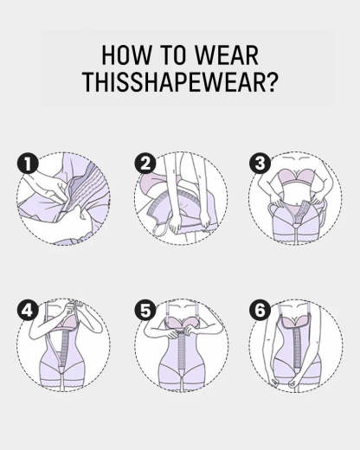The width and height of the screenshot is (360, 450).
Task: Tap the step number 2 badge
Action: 144,164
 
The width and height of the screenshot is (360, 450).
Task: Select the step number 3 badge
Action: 259,164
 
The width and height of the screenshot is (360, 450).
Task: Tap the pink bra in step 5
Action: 179,330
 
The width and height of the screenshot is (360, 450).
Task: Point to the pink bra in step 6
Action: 294,327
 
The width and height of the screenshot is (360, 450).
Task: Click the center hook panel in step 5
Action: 179,363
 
